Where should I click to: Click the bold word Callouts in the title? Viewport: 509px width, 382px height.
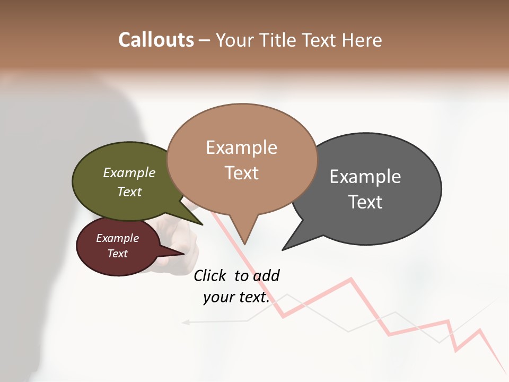[156, 40]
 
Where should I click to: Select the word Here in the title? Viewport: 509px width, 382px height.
[363, 40]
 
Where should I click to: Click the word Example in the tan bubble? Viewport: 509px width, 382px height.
[241, 147]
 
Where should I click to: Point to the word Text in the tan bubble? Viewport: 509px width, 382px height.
[242, 173]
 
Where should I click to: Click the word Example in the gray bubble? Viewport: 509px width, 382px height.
[365, 177]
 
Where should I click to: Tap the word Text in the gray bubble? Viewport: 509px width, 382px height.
[365, 202]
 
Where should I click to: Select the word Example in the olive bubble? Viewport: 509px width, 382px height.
[129, 173]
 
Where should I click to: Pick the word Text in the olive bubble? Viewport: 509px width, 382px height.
[129, 192]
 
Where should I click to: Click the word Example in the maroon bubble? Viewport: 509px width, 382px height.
[118, 238]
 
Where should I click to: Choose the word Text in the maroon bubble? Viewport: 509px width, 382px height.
[118, 254]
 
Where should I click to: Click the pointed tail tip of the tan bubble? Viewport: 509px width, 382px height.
[244, 244]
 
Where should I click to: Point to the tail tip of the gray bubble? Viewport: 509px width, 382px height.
[283, 249]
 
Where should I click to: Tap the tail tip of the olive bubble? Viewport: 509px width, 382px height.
[203, 224]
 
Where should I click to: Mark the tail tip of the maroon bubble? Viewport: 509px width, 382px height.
[184, 254]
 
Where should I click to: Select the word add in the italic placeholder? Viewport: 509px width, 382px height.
[266, 275]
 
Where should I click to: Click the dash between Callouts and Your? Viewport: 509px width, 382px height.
[205, 40]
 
